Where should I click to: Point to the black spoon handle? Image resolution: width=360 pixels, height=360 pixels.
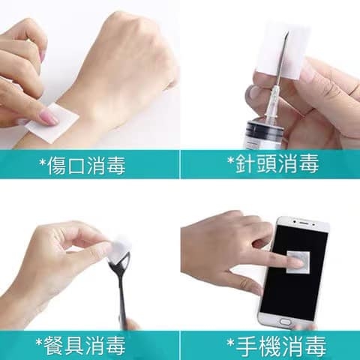coord(122,300)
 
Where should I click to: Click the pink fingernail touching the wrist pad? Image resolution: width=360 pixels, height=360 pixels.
coord(49,117)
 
